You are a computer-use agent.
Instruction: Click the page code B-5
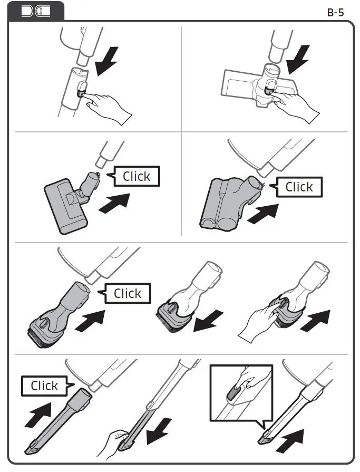335,12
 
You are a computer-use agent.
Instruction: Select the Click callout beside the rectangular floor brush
136,177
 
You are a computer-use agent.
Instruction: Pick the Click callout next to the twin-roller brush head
298,187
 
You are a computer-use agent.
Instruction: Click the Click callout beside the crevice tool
44,386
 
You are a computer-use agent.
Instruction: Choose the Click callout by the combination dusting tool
127,293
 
